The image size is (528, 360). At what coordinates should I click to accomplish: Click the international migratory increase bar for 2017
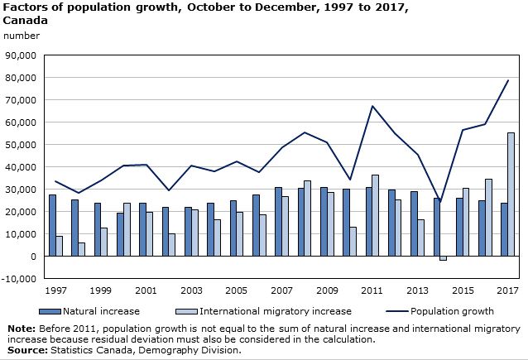tap(511, 194)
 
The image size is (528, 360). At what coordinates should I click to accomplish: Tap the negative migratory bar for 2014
tap(443, 258)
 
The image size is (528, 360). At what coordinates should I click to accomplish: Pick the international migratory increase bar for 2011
tap(375, 215)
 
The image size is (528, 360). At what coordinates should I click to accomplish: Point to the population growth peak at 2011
tap(372, 106)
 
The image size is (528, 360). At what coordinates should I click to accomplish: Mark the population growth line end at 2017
tap(507, 80)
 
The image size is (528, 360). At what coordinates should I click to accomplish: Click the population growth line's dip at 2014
tap(439, 202)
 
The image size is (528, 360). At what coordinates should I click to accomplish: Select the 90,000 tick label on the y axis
tap(20, 55)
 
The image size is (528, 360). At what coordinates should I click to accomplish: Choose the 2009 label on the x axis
tap(326, 292)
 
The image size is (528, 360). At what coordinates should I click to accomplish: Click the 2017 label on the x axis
tap(507, 292)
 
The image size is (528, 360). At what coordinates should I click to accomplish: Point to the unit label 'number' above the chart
tap(22, 36)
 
